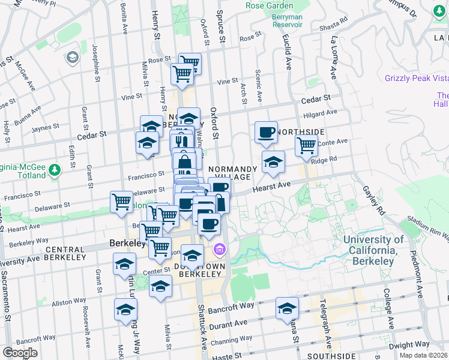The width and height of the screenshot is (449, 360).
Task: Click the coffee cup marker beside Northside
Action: click(x=266, y=133)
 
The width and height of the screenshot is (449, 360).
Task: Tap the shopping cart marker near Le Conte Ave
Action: click(x=306, y=145)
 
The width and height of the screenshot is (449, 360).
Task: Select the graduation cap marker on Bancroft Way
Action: click(x=288, y=308)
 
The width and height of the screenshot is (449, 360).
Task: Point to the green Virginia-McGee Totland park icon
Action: click(x=55, y=170)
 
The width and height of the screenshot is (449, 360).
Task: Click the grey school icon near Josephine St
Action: click(x=73, y=58)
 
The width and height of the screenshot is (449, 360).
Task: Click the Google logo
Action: click(x=20, y=353)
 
